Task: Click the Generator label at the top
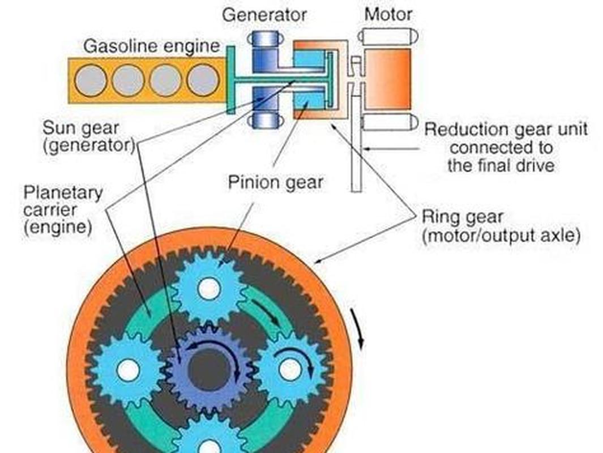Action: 264,15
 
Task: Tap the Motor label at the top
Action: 388,15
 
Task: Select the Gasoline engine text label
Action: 152,46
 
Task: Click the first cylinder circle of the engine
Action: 91,80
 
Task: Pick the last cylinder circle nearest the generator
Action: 203,80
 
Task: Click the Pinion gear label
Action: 275,182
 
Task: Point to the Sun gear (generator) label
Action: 89,136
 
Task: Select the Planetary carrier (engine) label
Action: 63,210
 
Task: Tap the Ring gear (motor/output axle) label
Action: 501,226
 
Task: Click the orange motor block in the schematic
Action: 387,79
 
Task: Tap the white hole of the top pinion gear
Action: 209,289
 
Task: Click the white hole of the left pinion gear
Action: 128,370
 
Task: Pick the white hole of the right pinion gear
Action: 290,370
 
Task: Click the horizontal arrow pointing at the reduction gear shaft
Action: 391,148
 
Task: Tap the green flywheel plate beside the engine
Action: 231,80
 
